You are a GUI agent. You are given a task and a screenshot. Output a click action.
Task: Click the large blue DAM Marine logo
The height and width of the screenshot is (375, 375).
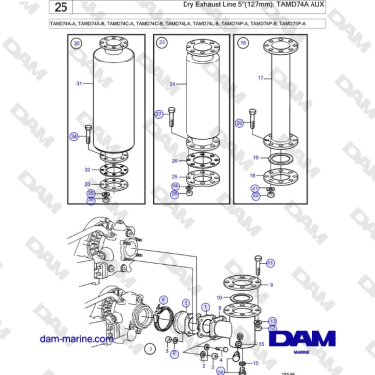[x=313, y=341]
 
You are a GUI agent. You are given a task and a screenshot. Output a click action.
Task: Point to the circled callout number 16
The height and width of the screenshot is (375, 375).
[x=243, y=44]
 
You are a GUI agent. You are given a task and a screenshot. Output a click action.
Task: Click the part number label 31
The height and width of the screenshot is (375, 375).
[x=79, y=83]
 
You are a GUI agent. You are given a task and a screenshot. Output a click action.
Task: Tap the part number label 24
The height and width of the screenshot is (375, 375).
[x=171, y=84]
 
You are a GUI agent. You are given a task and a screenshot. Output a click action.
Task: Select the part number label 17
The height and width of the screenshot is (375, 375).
[x=260, y=78]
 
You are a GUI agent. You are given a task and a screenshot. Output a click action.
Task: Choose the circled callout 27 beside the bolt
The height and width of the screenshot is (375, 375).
[x=157, y=115]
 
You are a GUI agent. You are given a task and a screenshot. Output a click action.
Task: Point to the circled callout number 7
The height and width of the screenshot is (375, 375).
[x=148, y=349]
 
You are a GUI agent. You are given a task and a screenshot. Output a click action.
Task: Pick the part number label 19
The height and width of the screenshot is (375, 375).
[x=254, y=158]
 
